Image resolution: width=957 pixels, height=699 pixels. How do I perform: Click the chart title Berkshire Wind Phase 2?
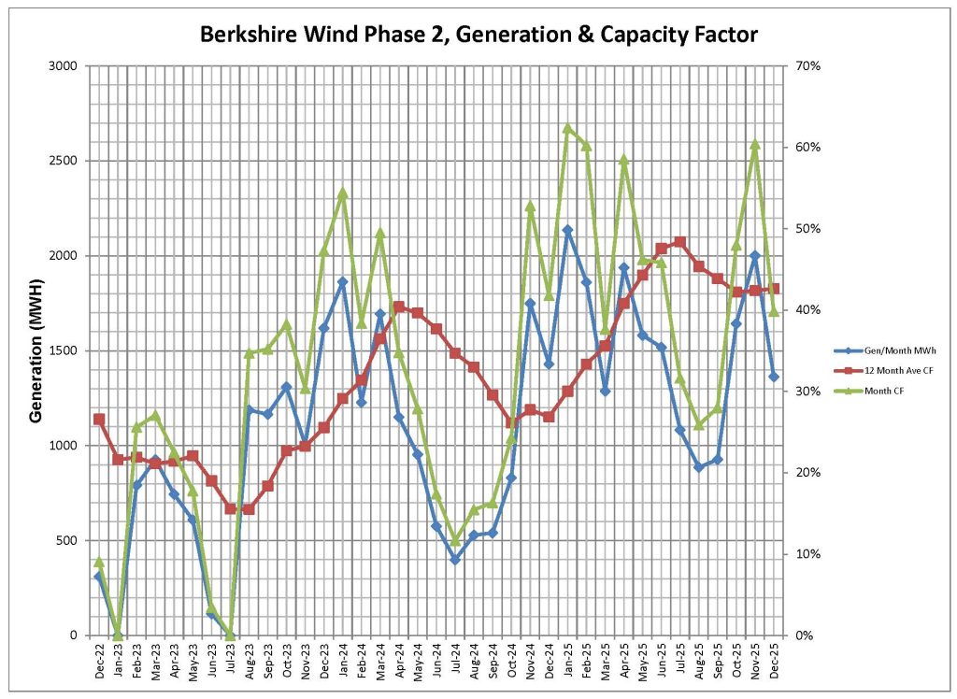coord(478,36)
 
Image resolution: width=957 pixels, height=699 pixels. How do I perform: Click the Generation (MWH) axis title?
coord(36,350)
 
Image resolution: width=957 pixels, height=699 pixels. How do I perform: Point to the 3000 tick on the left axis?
coord(65,66)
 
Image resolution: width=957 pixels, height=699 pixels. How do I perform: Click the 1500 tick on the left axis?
coord(65,350)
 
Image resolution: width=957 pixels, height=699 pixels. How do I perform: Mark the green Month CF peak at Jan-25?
coord(567,128)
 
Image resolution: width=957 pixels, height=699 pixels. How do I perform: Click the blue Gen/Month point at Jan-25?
coord(567,230)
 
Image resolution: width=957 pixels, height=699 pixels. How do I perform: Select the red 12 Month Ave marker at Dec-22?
coord(99,420)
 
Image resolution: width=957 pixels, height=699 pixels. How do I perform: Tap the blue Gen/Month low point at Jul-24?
coord(455,560)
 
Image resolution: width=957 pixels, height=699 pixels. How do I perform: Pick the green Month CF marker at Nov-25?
coord(755,145)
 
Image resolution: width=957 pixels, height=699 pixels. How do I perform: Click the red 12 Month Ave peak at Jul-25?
coord(679,242)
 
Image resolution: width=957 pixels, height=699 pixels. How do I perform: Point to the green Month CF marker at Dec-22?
coord(99,562)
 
